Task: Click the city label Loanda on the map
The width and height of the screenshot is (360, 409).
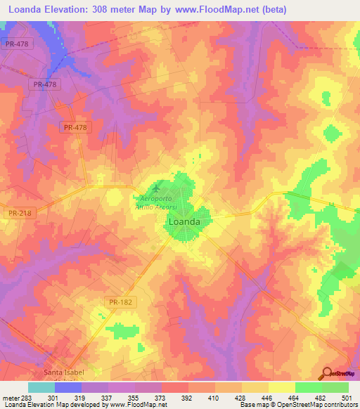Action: coord(185,221)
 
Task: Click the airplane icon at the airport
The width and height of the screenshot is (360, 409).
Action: coord(156,188)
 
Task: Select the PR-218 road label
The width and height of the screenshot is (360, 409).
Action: coord(20,212)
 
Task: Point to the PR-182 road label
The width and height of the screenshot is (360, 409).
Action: coord(122,301)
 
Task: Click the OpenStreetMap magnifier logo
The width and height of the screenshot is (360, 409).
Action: coord(327,372)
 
